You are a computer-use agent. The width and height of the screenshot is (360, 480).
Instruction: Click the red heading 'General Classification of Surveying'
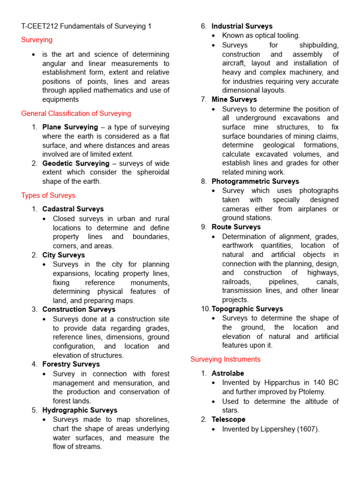76,113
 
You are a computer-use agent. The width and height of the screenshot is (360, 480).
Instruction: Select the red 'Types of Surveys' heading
48,195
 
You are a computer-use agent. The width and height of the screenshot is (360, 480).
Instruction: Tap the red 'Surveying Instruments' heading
225,359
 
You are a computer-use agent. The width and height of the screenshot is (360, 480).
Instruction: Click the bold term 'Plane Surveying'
70,127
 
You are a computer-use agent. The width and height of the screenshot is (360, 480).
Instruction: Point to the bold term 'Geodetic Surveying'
75,164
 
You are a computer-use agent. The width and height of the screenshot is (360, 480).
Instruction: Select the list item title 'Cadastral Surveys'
73,209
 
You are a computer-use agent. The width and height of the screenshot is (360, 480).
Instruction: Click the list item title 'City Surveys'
63,255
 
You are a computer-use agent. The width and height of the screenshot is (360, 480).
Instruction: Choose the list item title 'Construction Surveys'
78,309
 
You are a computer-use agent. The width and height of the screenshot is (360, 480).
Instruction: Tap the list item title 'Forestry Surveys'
71,364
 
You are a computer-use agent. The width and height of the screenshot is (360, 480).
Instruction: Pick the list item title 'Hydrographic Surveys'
80,410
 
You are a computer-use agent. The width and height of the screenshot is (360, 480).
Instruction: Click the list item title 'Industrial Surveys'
242,26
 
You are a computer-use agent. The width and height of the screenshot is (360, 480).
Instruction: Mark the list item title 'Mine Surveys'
234,99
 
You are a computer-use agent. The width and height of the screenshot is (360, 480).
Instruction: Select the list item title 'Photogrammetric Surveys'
255,181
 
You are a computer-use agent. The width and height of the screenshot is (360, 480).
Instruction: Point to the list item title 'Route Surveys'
236,227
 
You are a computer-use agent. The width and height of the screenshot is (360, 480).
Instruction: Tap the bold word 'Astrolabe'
228,373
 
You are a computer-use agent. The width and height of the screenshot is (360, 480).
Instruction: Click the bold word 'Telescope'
228,420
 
